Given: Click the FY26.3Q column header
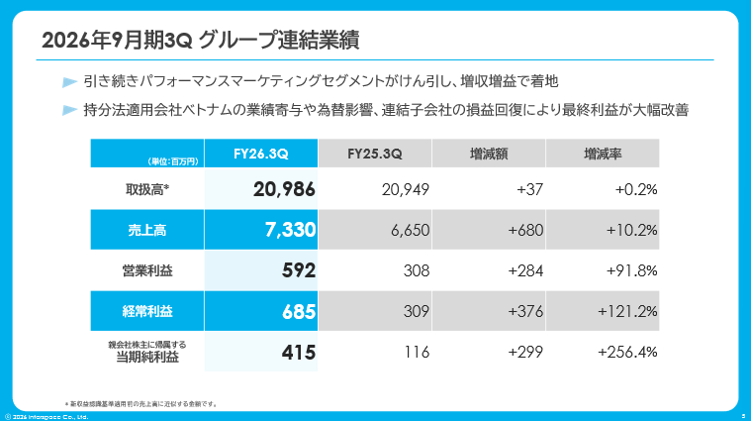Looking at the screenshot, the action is point(260,154).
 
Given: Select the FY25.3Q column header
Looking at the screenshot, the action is point(375,154).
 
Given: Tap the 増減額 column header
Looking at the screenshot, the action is point(489,154).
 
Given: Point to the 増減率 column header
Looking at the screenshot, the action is point(603,154).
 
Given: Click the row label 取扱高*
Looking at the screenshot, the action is point(147,190).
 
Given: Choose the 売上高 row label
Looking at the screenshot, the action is point(147,230).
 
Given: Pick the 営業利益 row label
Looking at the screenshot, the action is point(147,270).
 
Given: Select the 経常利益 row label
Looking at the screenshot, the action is point(147,312).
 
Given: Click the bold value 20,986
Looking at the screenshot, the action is point(284,189).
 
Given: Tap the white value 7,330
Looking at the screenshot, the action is point(290,230).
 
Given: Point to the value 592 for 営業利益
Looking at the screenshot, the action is point(299,270).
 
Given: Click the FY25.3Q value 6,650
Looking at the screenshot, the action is point(410,230).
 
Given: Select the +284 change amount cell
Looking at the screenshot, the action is point(525,270).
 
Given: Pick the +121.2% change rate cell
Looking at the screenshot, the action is point(627,312).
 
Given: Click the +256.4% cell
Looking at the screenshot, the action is point(627,353).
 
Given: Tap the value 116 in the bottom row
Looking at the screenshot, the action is point(417,353).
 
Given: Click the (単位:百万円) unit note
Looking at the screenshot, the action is point(173,161).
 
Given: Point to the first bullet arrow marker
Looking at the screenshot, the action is point(70,82).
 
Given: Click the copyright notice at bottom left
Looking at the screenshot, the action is point(47,417).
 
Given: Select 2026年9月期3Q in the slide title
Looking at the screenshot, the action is point(117,40).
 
